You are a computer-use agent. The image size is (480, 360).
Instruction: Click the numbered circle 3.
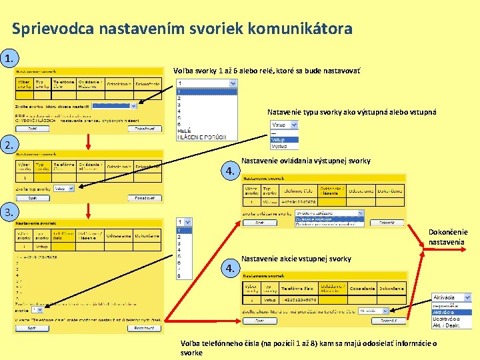point(9,212)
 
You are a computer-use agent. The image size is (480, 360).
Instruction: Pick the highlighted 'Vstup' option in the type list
point(279,139)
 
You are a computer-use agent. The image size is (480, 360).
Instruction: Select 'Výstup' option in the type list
point(279,146)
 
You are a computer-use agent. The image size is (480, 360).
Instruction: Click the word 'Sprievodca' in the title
point(53,29)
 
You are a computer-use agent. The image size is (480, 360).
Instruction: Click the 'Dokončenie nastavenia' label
point(448,237)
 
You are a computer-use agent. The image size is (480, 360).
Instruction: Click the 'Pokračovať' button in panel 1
point(144,129)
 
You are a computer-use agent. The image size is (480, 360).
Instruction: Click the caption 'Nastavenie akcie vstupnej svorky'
point(296,259)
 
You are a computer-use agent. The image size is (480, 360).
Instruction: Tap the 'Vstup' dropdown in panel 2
point(64,189)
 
